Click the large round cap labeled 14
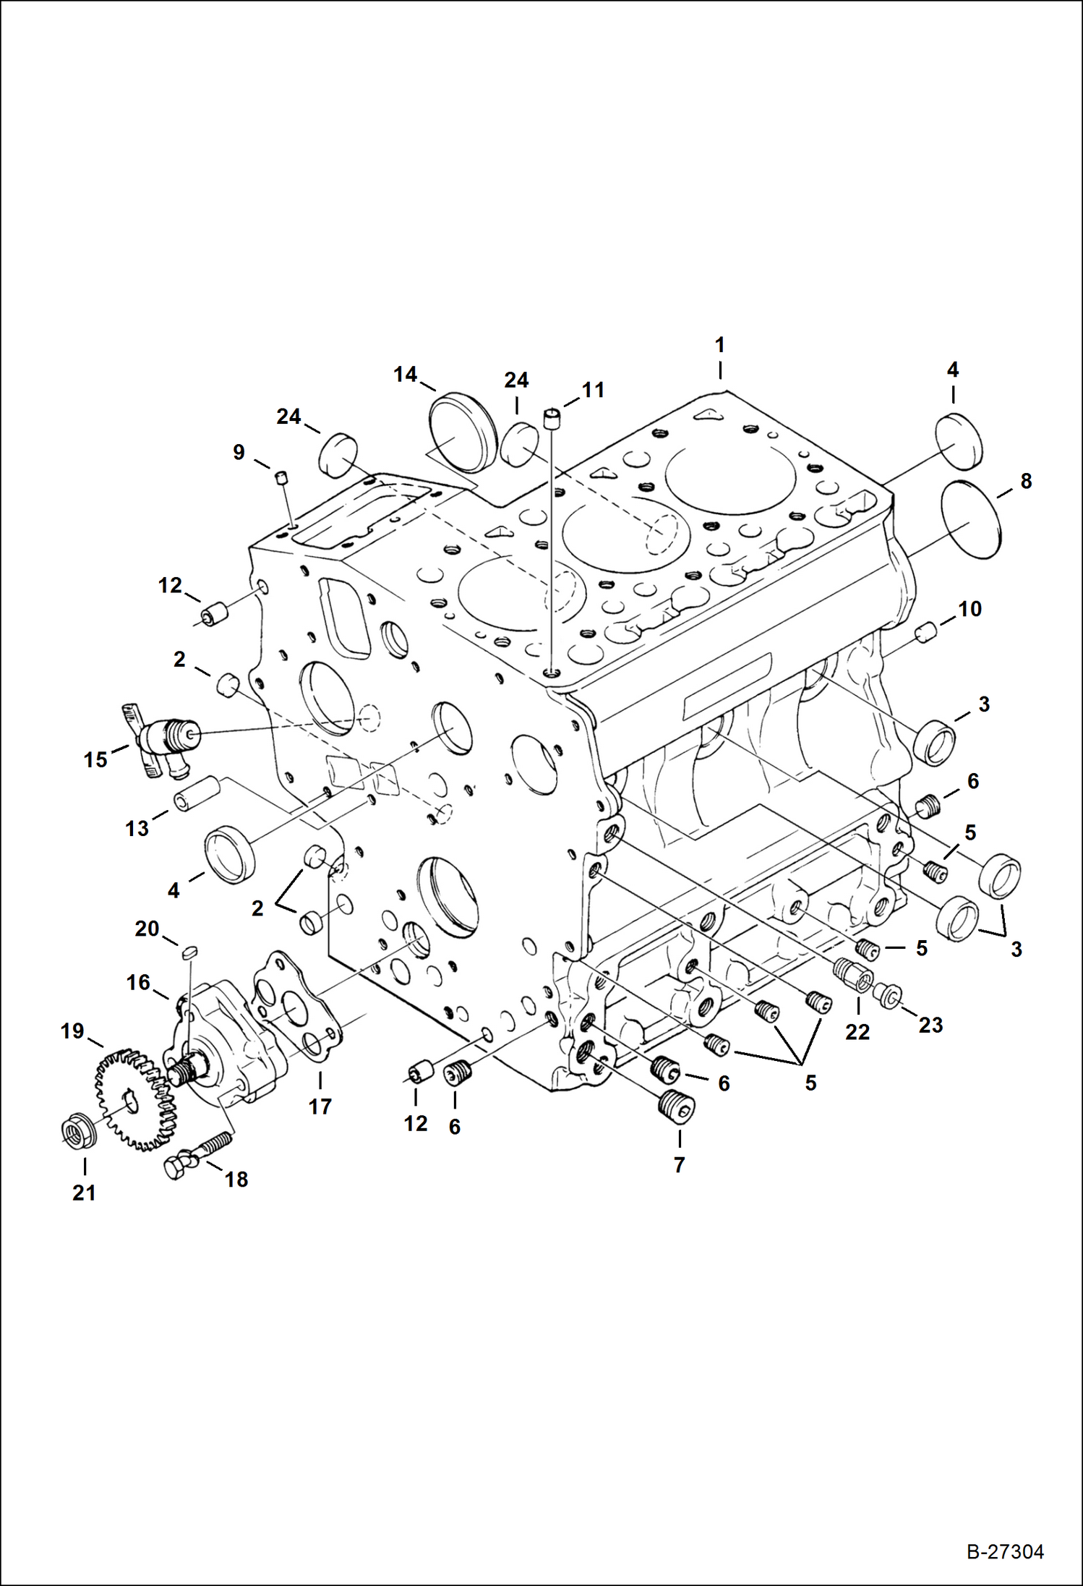[x=461, y=431]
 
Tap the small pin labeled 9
[x=282, y=477]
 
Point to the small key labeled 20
[x=189, y=952]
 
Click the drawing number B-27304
[x=1005, y=1552]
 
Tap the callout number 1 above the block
[x=719, y=346]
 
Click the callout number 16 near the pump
[x=138, y=982]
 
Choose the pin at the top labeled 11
[x=552, y=418]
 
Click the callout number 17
[x=320, y=1106]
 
